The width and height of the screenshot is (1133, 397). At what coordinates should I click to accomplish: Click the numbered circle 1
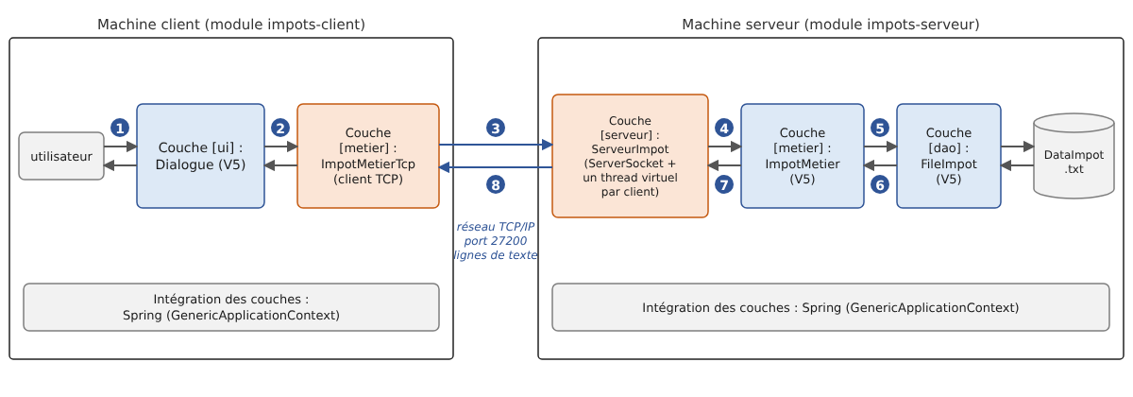point(120,129)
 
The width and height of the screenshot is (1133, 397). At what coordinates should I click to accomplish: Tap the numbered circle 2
point(280,129)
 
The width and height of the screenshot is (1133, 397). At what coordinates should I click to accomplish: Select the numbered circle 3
point(496,129)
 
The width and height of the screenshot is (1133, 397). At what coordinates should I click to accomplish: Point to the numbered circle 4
point(724,129)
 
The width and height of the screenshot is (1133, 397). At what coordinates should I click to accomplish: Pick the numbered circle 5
point(880,129)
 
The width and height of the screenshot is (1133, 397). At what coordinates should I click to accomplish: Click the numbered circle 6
point(880,185)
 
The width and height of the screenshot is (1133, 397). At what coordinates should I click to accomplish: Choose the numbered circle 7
point(724,185)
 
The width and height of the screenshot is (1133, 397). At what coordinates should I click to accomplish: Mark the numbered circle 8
point(496,185)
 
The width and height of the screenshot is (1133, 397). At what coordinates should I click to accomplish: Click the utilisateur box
point(61,156)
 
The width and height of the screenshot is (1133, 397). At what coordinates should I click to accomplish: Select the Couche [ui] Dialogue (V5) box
point(200,156)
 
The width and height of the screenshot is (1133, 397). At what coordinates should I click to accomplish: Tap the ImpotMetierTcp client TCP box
point(368,156)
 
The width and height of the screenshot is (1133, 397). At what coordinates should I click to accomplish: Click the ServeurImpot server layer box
point(631,156)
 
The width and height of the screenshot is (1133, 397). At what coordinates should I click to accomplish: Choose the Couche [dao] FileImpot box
point(949,156)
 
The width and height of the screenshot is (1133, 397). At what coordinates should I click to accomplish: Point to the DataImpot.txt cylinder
point(1074,156)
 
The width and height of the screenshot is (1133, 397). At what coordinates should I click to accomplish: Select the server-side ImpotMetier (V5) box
point(803,156)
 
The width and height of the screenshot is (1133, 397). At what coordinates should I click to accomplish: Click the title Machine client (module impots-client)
point(231,25)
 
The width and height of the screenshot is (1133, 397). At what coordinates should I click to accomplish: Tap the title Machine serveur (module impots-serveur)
point(831,25)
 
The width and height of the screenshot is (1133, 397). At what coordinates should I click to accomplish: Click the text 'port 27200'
point(496,241)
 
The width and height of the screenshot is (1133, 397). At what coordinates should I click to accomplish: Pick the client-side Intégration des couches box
point(231,307)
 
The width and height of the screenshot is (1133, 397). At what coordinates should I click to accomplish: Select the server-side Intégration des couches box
point(831,307)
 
